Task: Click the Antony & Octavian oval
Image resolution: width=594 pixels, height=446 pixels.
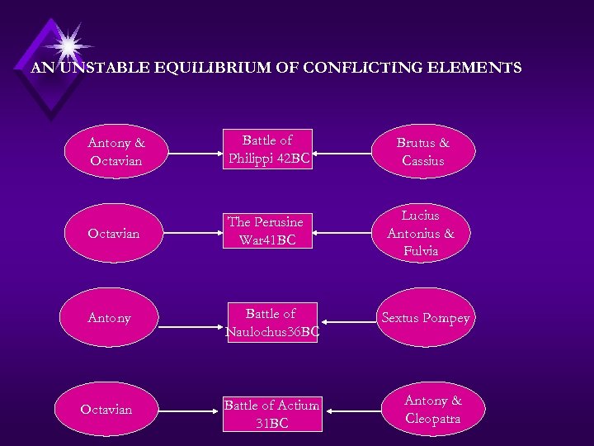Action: point(115,152)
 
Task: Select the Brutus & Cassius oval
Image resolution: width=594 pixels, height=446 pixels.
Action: point(423,152)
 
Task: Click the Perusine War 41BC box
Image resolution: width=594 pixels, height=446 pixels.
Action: point(266,231)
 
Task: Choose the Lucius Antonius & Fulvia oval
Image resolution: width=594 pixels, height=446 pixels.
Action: point(421,233)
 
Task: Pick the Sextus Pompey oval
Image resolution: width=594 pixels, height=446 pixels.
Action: point(425,319)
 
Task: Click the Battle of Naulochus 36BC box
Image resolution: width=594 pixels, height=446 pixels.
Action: point(271,323)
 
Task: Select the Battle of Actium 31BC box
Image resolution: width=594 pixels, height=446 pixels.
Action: point(271,414)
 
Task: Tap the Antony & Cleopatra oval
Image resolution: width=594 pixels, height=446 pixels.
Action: point(433,410)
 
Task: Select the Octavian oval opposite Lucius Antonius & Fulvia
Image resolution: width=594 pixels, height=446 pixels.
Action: point(114,234)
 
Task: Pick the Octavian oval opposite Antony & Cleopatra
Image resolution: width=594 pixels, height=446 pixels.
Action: point(106,410)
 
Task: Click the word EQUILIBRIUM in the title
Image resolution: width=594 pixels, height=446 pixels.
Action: point(235,68)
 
